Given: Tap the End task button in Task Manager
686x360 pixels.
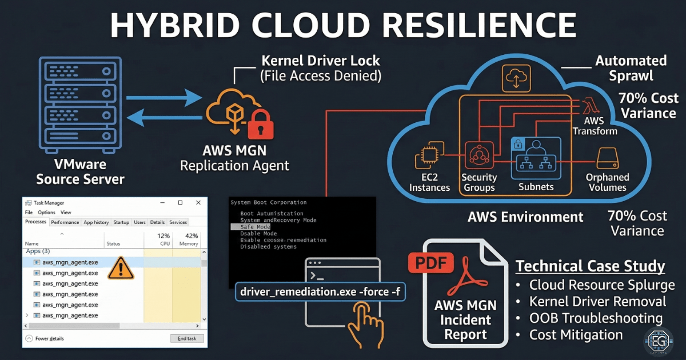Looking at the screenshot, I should [186, 338].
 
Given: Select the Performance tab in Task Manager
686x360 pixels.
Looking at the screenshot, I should [65, 222].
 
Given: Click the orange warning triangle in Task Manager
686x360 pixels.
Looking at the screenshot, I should [120, 267].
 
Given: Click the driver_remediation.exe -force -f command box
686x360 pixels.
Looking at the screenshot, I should [321, 293].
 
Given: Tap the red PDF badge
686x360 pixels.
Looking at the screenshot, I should [430, 264].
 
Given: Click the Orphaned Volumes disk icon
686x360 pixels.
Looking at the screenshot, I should [607, 158].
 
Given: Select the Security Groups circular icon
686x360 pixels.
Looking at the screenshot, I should [478, 154].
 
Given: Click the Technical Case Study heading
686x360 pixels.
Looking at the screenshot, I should [590, 266].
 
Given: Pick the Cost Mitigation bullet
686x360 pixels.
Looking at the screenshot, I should [575, 335].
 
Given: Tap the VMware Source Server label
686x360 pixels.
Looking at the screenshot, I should [80, 172].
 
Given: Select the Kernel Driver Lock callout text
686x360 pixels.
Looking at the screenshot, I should [320, 67].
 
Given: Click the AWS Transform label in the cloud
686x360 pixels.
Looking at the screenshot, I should [595, 126].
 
